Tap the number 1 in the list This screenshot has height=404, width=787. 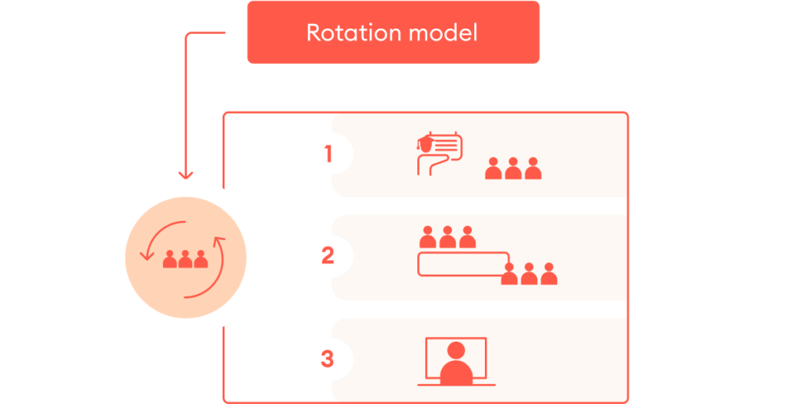328,155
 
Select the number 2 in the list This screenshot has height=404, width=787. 328,255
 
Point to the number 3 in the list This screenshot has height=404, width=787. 328,359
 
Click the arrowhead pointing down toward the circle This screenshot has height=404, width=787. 185,174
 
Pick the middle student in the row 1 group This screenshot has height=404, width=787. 513,169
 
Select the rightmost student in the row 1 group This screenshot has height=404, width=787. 533,169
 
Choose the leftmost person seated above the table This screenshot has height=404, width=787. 428,238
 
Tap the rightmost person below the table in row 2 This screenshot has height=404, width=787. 548,275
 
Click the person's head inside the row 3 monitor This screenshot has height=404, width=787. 456,351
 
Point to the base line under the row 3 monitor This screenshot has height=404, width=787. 457,384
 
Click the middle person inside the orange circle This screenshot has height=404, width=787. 185,259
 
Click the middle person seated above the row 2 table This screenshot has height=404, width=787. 447,238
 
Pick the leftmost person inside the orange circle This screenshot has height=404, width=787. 170,259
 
